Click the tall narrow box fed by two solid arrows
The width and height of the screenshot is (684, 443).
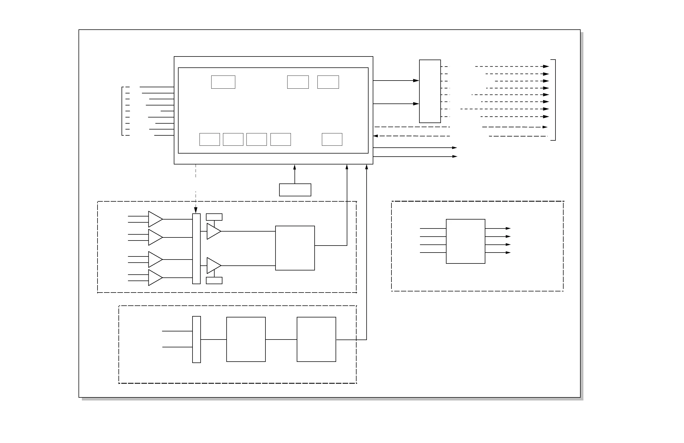430,91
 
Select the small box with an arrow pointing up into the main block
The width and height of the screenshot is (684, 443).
295,190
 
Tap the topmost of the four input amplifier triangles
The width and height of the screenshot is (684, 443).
155,219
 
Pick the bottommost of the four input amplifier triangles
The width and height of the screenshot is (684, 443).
155,278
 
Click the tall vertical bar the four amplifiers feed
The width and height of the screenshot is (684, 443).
196,249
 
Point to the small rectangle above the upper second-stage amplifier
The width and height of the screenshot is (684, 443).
214,217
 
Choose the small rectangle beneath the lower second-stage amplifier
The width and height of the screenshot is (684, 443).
214,281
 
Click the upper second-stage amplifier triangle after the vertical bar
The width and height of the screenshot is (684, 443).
213,231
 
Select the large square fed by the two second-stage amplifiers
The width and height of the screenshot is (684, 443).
295,248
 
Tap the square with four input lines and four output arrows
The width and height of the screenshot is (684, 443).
465,241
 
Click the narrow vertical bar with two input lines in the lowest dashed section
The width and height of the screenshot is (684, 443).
196,340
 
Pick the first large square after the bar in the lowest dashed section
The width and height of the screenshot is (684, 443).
246,340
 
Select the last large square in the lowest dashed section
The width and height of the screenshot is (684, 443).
316,340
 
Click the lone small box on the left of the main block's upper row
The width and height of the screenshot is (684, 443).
223,82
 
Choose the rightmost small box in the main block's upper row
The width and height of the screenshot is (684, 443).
328,82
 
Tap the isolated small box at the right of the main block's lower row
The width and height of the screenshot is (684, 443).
332,140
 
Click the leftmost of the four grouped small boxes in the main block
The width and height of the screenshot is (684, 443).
210,140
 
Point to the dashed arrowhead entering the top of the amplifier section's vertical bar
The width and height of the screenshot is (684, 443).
196,210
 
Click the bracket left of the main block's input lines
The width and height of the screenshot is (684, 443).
122,111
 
